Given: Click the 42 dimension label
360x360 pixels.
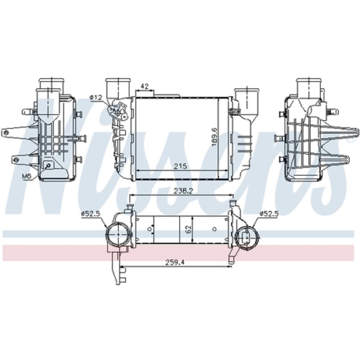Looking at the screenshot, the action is (144, 86).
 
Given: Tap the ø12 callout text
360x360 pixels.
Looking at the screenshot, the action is (95, 97).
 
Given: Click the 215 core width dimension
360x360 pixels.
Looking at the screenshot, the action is (180, 166).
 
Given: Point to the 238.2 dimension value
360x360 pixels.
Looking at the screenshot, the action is (183, 191).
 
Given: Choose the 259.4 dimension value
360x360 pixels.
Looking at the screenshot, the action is (175, 262).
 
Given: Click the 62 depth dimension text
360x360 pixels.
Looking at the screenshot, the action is (188, 229).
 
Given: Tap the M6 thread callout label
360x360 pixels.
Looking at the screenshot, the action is (27, 176).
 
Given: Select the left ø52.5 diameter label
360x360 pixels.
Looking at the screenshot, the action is (90, 214).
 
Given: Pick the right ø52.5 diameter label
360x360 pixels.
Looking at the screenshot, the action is (269, 214).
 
